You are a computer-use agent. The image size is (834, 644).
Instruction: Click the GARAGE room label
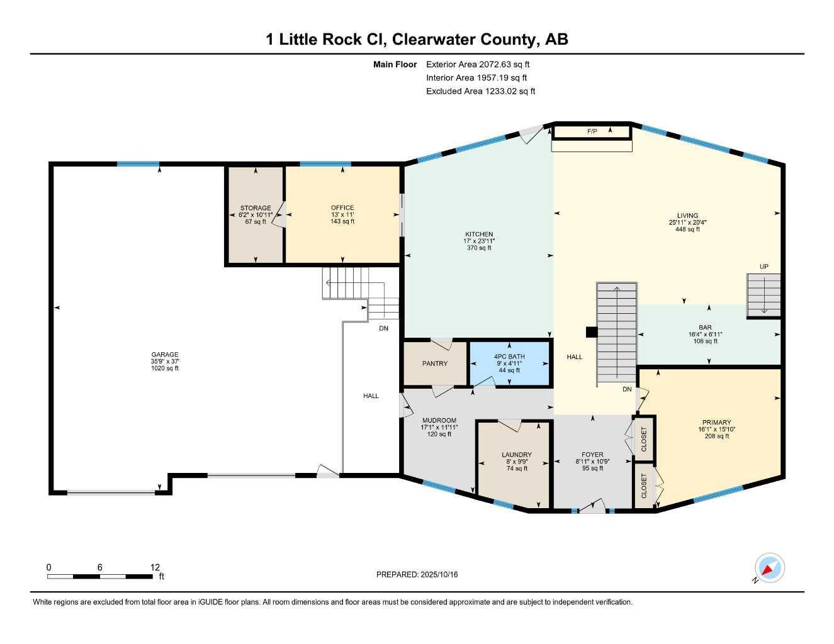[x=164, y=355]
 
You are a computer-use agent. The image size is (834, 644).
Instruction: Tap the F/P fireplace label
[x=592, y=131]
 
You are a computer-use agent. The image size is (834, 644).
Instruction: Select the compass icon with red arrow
[x=769, y=569]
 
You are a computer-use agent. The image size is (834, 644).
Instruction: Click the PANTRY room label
[x=435, y=364]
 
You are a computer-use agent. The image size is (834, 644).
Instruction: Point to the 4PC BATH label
[x=509, y=357]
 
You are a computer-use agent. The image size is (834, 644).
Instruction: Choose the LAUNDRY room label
[x=516, y=455]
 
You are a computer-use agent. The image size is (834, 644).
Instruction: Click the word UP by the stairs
[x=764, y=267]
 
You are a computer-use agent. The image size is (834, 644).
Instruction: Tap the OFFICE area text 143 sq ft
[x=342, y=221]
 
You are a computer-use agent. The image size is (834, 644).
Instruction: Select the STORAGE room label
[x=255, y=208]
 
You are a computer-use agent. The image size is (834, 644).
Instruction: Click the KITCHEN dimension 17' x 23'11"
[x=479, y=241]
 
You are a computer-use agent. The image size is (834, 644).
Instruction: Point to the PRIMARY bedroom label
[x=716, y=423]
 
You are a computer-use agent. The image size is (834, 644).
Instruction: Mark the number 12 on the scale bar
[x=155, y=567]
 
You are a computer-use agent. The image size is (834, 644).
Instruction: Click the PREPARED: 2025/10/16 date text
[x=417, y=574]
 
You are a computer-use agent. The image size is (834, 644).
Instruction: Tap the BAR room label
[x=705, y=328]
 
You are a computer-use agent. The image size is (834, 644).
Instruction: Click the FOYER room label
[x=592, y=455]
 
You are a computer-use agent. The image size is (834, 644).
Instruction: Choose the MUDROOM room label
[x=439, y=420]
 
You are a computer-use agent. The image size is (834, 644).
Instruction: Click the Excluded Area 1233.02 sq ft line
[x=480, y=91]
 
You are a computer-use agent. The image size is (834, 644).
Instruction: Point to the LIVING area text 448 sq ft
[x=684, y=230]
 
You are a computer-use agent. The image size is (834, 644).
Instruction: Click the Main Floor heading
[x=395, y=64]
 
